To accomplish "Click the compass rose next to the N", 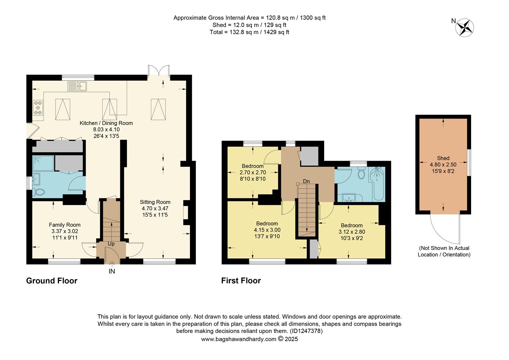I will [x=465, y=27].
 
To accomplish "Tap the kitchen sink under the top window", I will [x=77, y=86].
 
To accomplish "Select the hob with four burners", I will [x=38, y=108].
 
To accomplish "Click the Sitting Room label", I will [x=155, y=202].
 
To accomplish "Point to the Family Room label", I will [x=65, y=225].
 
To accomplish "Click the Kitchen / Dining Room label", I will [x=106, y=123].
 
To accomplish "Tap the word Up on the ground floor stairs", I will [x=111, y=244].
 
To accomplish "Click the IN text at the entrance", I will [x=112, y=271].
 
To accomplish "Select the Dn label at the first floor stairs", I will [x=306, y=181].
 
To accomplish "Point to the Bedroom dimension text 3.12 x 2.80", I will [x=351, y=232].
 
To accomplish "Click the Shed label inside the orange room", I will [x=443, y=158].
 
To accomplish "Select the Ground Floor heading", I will [x=52, y=281].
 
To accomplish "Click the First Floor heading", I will [x=241, y=281].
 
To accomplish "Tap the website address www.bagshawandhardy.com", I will [x=239, y=339].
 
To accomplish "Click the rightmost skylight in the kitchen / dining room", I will [x=159, y=109].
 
